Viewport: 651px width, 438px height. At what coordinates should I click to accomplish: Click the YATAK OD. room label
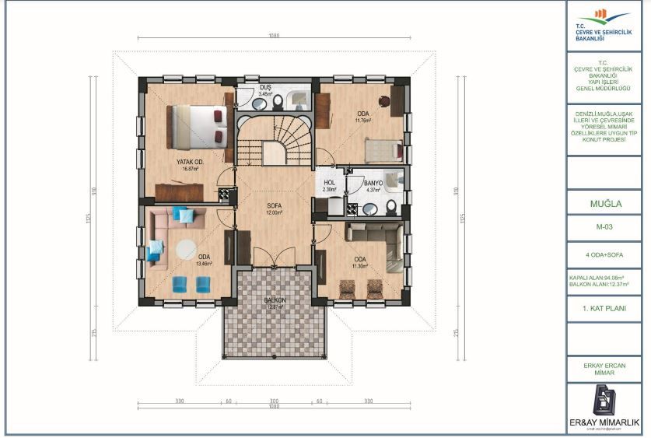[188, 163]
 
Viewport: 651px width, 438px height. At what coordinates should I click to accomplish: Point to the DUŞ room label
[265, 89]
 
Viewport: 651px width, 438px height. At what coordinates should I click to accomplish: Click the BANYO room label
[363, 184]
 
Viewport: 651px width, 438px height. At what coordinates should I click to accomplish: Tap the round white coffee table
[186, 249]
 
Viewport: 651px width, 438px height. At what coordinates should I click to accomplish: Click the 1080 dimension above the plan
[273, 35]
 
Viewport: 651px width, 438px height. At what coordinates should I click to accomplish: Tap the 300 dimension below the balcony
[273, 401]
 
